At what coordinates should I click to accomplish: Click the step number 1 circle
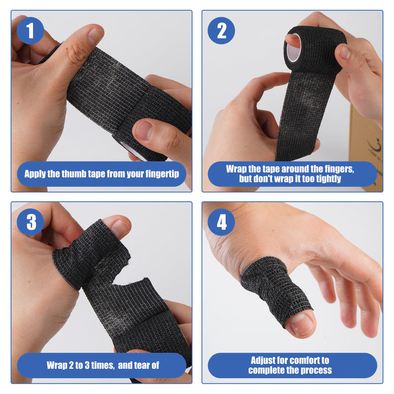[x=31, y=31]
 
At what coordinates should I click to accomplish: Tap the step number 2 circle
[x=221, y=31]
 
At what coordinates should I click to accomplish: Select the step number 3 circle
[x=31, y=222]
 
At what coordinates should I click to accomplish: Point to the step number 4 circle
[x=221, y=222]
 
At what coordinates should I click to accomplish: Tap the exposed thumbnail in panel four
[x=302, y=324]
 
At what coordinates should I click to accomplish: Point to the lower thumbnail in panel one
[x=144, y=131]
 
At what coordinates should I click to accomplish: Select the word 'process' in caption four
[x=314, y=370]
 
